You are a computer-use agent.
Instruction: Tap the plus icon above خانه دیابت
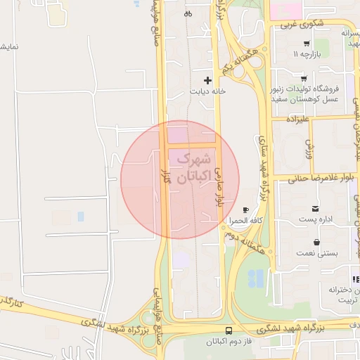[207, 80]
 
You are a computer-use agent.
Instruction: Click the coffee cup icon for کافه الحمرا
[245, 210]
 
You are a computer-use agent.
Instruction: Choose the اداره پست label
[316, 220]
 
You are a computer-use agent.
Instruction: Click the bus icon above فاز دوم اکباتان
[229, 330]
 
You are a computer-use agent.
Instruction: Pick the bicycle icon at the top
[188, 13]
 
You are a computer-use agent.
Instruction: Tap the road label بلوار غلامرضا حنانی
[312, 178]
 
